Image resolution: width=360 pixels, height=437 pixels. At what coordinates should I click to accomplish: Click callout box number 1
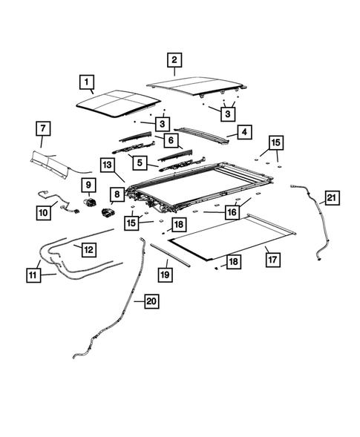[x=86, y=82]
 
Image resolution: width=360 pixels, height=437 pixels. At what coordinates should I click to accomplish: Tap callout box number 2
[x=174, y=59]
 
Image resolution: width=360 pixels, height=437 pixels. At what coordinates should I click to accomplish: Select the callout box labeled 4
[x=244, y=132]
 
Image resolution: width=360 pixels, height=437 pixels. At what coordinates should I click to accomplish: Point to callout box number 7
[x=43, y=128]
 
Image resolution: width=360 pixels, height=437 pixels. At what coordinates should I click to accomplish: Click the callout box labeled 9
[x=88, y=185]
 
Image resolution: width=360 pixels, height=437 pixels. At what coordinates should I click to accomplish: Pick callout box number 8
[x=117, y=194]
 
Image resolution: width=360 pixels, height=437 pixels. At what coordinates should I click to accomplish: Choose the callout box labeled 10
[x=43, y=213]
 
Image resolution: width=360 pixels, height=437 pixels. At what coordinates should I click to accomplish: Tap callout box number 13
[x=108, y=165]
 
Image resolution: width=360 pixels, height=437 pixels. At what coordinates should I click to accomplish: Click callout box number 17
[x=272, y=260]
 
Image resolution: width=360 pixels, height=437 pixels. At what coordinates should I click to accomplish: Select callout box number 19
[x=165, y=275]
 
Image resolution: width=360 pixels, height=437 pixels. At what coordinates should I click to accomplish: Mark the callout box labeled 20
[x=151, y=301]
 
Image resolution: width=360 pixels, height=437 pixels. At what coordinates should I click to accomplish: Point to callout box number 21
[x=332, y=198]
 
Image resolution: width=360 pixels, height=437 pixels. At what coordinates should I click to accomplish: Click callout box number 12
[x=88, y=249]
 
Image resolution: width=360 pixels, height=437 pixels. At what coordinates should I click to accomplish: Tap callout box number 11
[x=33, y=275]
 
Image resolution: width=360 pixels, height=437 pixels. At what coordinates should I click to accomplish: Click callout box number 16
[x=232, y=212]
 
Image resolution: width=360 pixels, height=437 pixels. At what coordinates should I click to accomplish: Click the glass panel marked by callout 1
[x=119, y=104]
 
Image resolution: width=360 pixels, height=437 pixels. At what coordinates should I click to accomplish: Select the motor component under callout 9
[x=90, y=202]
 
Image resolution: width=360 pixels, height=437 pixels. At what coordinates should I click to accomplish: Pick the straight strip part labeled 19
[x=170, y=255]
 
